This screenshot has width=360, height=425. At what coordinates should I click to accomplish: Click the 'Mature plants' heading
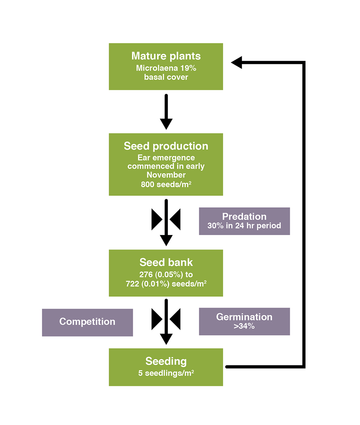click(166, 56)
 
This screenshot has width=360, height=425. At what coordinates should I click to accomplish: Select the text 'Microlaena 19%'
click(166, 69)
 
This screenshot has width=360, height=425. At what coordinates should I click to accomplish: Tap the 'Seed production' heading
click(166, 146)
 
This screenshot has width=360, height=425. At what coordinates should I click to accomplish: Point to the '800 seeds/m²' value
click(166, 185)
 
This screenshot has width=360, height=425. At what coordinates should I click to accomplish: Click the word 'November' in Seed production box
click(166, 175)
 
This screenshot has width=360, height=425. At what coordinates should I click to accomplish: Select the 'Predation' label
click(244, 217)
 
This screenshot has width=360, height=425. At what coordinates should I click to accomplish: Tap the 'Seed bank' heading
click(166, 263)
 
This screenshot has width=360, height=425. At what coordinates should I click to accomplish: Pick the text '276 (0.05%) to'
click(166, 275)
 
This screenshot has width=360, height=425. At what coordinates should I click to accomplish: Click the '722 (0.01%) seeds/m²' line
click(166, 284)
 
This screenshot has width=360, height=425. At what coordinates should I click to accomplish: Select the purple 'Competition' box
click(87, 322)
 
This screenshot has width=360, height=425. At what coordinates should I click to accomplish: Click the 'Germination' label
click(244, 317)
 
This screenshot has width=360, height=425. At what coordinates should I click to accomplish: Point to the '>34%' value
click(244, 326)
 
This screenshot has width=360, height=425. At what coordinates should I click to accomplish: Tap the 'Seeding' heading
click(166, 361)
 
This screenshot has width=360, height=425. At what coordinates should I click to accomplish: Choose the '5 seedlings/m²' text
click(166, 373)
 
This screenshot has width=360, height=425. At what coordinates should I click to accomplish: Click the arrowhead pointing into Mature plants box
click(236, 62)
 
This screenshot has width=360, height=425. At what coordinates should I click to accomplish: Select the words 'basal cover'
click(166, 77)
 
